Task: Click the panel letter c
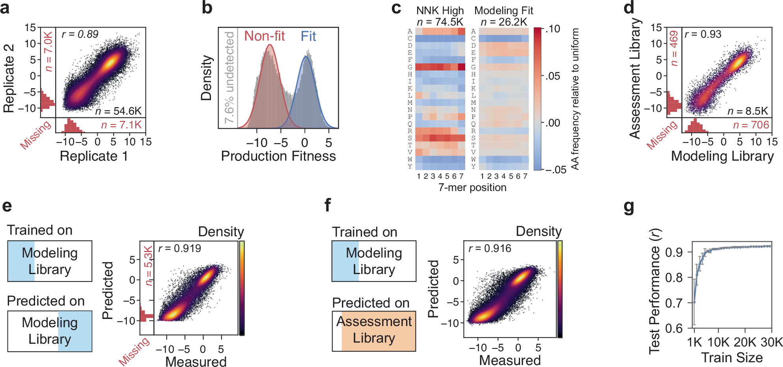click(x=396, y=9)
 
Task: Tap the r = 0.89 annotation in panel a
click(x=80, y=34)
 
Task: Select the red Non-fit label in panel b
click(x=264, y=36)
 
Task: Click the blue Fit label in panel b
click(x=308, y=36)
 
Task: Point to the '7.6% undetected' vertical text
click(x=229, y=78)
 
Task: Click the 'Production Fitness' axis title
click(x=278, y=156)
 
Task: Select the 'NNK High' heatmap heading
click(x=440, y=11)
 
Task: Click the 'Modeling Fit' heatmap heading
click(x=503, y=11)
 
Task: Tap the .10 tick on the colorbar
click(x=553, y=29)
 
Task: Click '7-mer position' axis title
click(x=472, y=187)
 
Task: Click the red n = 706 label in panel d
click(x=751, y=125)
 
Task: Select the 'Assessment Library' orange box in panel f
click(x=374, y=330)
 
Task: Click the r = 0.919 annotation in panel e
click(x=179, y=248)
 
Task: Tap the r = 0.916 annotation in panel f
click(x=490, y=248)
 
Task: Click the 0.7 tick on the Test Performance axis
click(x=674, y=303)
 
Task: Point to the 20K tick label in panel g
click(x=745, y=342)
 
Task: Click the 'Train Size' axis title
click(x=732, y=358)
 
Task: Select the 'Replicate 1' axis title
click(x=94, y=156)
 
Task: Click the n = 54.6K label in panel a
click(x=118, y=111)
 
